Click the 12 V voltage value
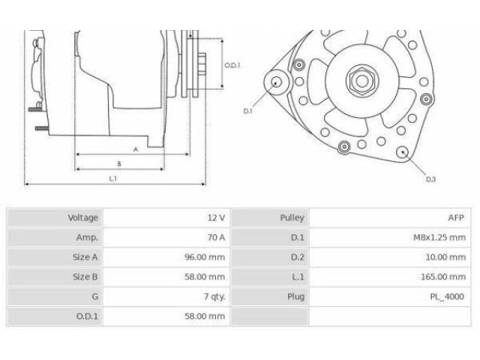click(216, 217)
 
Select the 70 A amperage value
click(216, 237)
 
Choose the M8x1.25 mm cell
click(439, 237)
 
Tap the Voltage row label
click(82, 217)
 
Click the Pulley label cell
click(292, 217)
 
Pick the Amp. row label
click(88, 237)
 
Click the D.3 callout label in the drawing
click(430, 180)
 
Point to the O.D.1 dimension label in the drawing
click(232, 66)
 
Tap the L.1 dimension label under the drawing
click(112, 178)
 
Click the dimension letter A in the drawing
click(135, 149)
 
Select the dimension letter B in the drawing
click(119, 163)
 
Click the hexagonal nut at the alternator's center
click(356, 78)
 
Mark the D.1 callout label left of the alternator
click(247, 111)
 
